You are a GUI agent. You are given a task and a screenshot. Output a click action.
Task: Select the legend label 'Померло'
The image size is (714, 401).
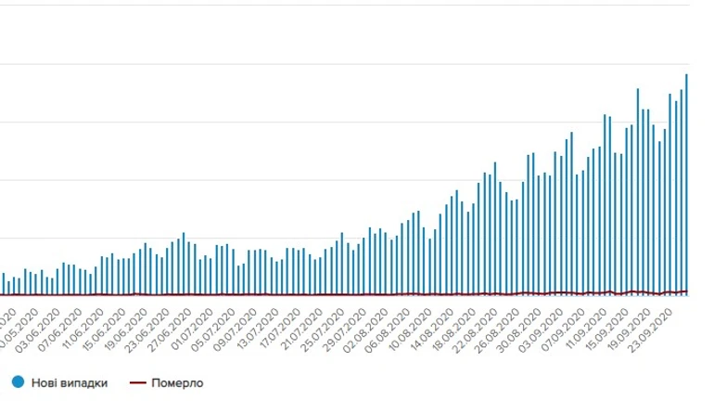point(177,382)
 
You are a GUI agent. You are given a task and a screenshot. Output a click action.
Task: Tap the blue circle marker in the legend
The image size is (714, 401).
point(19,382)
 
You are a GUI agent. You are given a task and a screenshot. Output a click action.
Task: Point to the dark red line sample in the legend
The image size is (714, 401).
point(137,382)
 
